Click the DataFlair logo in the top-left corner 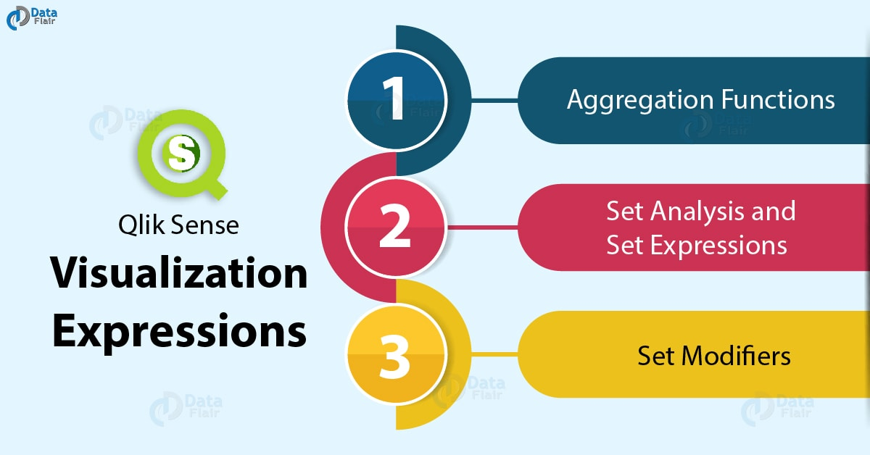point(32,18)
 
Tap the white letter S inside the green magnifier point(181,153)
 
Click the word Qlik point(141,225)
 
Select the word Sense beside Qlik point(204,225)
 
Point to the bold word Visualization point(179,272)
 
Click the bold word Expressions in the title point(180,332)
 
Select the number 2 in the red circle point(395,225)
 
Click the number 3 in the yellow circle point(394,357)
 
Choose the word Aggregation point(640,101)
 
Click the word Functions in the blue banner point(778,99)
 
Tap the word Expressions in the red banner point(718,246)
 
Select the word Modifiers point(736,356)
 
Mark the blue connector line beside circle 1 point(494,100)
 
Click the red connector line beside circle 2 point(482,227)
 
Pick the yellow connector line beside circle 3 point(494,354)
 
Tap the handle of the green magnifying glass point(216,188)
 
